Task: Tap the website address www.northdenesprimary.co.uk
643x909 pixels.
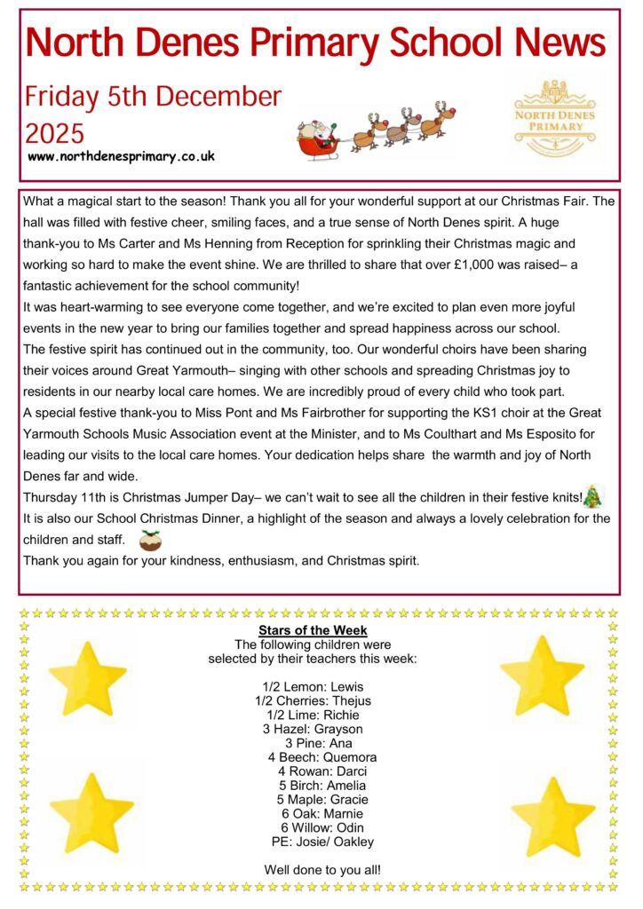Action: (x=122, y=156)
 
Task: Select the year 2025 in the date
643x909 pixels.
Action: (x=55, y=133)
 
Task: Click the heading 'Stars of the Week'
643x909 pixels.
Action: (x=313, y=630)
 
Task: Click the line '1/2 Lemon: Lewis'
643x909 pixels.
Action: (x=313, y=687)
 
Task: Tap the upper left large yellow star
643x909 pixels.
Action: (x=87, y=679)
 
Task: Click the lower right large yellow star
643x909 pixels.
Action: (x=553, y=815)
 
